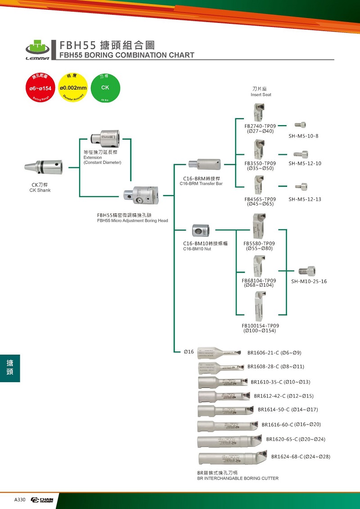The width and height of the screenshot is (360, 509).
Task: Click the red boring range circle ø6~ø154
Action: point(41,87)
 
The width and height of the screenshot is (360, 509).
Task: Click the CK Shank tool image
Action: point(43,167)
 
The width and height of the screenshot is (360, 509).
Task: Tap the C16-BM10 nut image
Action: point(200,231)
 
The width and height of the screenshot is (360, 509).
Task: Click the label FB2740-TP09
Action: point(260,126)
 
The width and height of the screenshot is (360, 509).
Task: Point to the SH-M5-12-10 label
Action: point(305,163)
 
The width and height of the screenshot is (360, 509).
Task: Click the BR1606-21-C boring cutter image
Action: point(218,352)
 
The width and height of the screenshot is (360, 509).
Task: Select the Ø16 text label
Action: point(189,351)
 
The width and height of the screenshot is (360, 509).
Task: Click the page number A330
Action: point(20,500)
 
